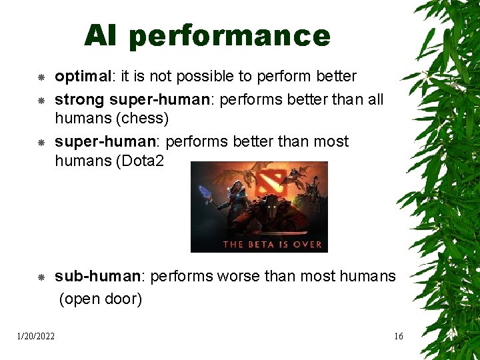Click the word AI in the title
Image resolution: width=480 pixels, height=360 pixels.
pos(100,36)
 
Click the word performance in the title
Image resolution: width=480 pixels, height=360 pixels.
pos(229,37)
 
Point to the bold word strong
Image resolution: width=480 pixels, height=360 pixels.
pos(79,100)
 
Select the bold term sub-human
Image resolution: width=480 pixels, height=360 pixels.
pos(95,276)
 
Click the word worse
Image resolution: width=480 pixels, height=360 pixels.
pos(241,276)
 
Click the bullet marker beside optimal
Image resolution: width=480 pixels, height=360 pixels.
pos(41,78)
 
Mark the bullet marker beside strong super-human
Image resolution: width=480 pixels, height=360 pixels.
pos(41,101)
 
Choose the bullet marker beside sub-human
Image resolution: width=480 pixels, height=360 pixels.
pos(41,277)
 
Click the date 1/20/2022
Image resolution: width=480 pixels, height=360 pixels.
pos(36,337)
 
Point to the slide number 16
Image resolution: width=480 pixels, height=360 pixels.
pos(398,337)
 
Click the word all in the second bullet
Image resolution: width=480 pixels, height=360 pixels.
pos(375,100)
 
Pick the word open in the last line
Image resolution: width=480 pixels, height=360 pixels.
pos(83,299)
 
